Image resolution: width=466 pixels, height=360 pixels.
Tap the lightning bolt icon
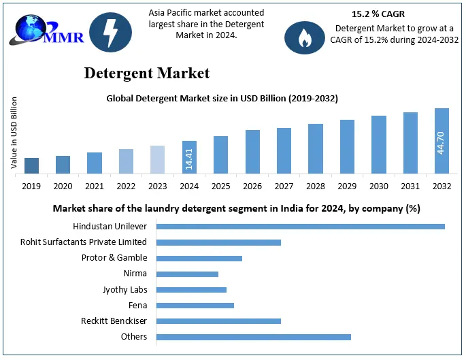(x=111, y=33)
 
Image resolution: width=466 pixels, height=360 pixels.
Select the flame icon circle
(x=305, y=37)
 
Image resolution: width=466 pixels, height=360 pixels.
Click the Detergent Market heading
(x=147, y=73)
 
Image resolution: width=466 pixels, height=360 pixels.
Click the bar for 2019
(x=31, y=165)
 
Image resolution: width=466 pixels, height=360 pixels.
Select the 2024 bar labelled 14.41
(x=189, y=157)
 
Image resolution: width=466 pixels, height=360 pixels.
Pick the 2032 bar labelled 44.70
(x=442, y=141)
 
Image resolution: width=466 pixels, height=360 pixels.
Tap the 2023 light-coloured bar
(x=157, y=159)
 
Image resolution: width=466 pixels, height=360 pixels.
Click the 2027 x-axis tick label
(x=284, y=185)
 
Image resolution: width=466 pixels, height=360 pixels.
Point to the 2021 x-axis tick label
(x=95, y=185)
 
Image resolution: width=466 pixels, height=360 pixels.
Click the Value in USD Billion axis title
(x=14, y=133)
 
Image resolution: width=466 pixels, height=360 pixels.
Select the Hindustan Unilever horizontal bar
(x=300, y=227)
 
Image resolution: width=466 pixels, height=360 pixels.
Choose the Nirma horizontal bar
(x=187, y=274)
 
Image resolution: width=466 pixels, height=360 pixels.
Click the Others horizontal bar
(x=253, y=337)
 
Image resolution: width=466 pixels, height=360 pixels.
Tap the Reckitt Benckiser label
(x=114, y=321)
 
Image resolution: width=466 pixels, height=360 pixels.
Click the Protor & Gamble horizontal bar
(x=199, y=258)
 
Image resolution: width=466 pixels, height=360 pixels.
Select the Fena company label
(x=137, y=305)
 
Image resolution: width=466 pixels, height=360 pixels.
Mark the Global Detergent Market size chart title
(x=222, y=98)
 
